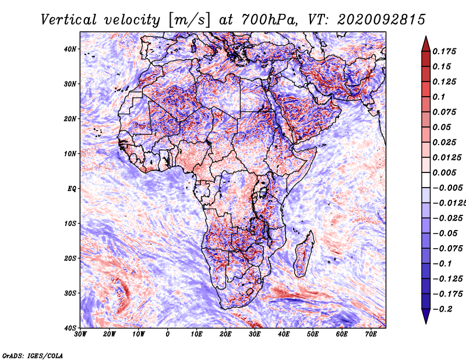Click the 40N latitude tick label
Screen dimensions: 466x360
pos(70,49)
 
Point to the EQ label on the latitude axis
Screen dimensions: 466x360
pos(72,189)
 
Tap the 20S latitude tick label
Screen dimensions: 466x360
pos(70,258)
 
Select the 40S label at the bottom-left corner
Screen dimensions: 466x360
pos(70,328)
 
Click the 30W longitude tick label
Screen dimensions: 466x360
pos(80,334)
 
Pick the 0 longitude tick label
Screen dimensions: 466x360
pos(168,334)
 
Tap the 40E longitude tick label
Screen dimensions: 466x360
pos(284,334)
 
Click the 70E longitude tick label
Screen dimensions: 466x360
pos(371,334)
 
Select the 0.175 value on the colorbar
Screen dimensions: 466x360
pos(444,51)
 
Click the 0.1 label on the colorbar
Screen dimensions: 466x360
pos(439,97)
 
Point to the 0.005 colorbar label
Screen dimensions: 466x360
pos(444,172)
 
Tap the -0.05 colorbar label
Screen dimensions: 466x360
pos(445,233)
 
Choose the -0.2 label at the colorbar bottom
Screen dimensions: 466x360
pos(443,309)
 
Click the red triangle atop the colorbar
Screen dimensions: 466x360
pos(426,44)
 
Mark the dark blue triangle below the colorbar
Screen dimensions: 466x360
pos(426,316)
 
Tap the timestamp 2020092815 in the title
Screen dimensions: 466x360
pos(382,20)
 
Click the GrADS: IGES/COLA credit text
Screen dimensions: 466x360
pos(33,356)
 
